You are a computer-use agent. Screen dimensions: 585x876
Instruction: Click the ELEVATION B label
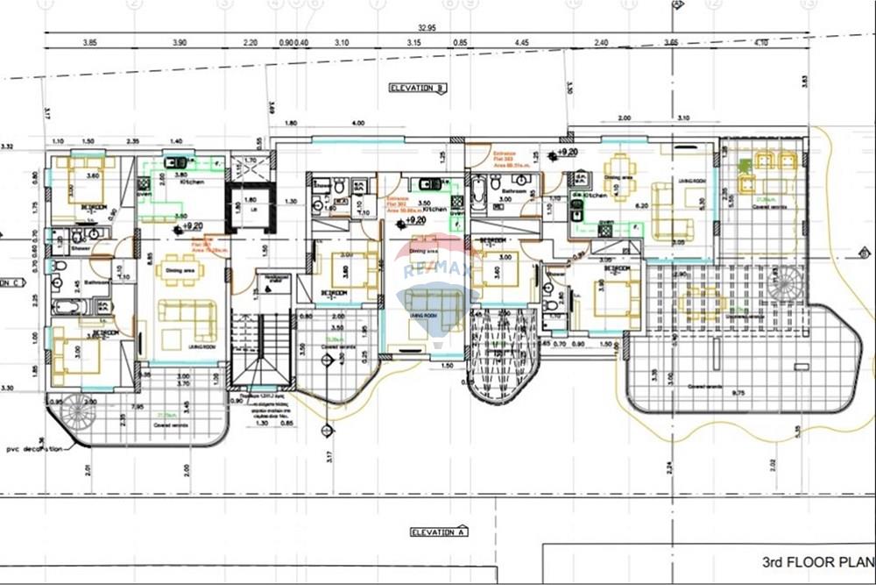click(419, 88)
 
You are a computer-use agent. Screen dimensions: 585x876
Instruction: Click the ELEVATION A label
click(439, 531)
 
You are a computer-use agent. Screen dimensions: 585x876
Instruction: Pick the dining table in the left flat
click(180, 270)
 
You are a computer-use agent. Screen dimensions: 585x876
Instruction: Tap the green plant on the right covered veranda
click(745, 165)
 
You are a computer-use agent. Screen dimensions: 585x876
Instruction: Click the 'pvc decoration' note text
click(32, 449)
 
